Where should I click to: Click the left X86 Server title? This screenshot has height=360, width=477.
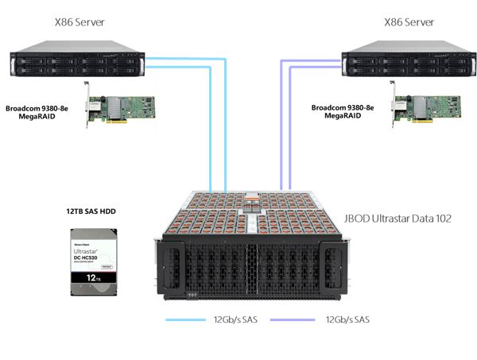(x=78, y=23)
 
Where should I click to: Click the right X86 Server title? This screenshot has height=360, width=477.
(x=409, y=23)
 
